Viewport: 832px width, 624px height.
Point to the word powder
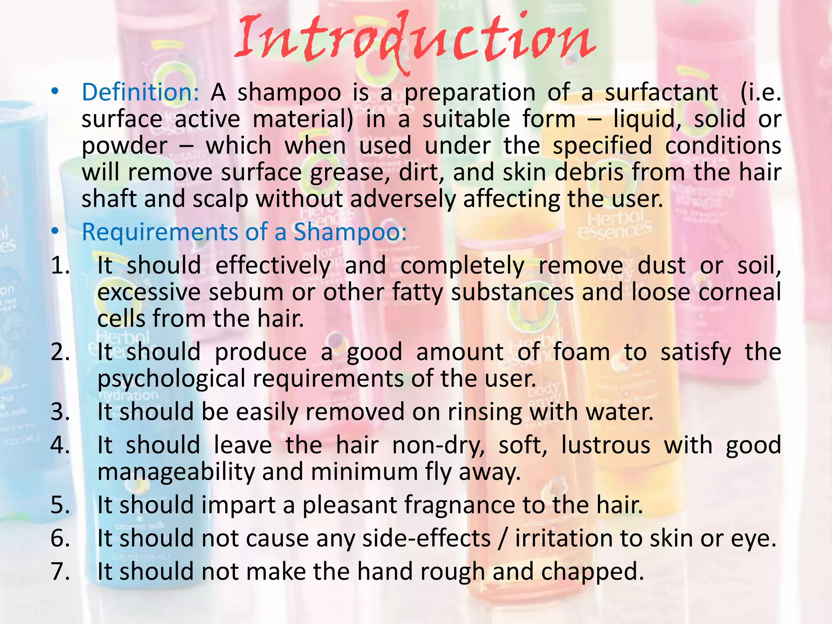(x=124, y=146)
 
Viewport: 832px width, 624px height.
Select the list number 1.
(x=60, y=266)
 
